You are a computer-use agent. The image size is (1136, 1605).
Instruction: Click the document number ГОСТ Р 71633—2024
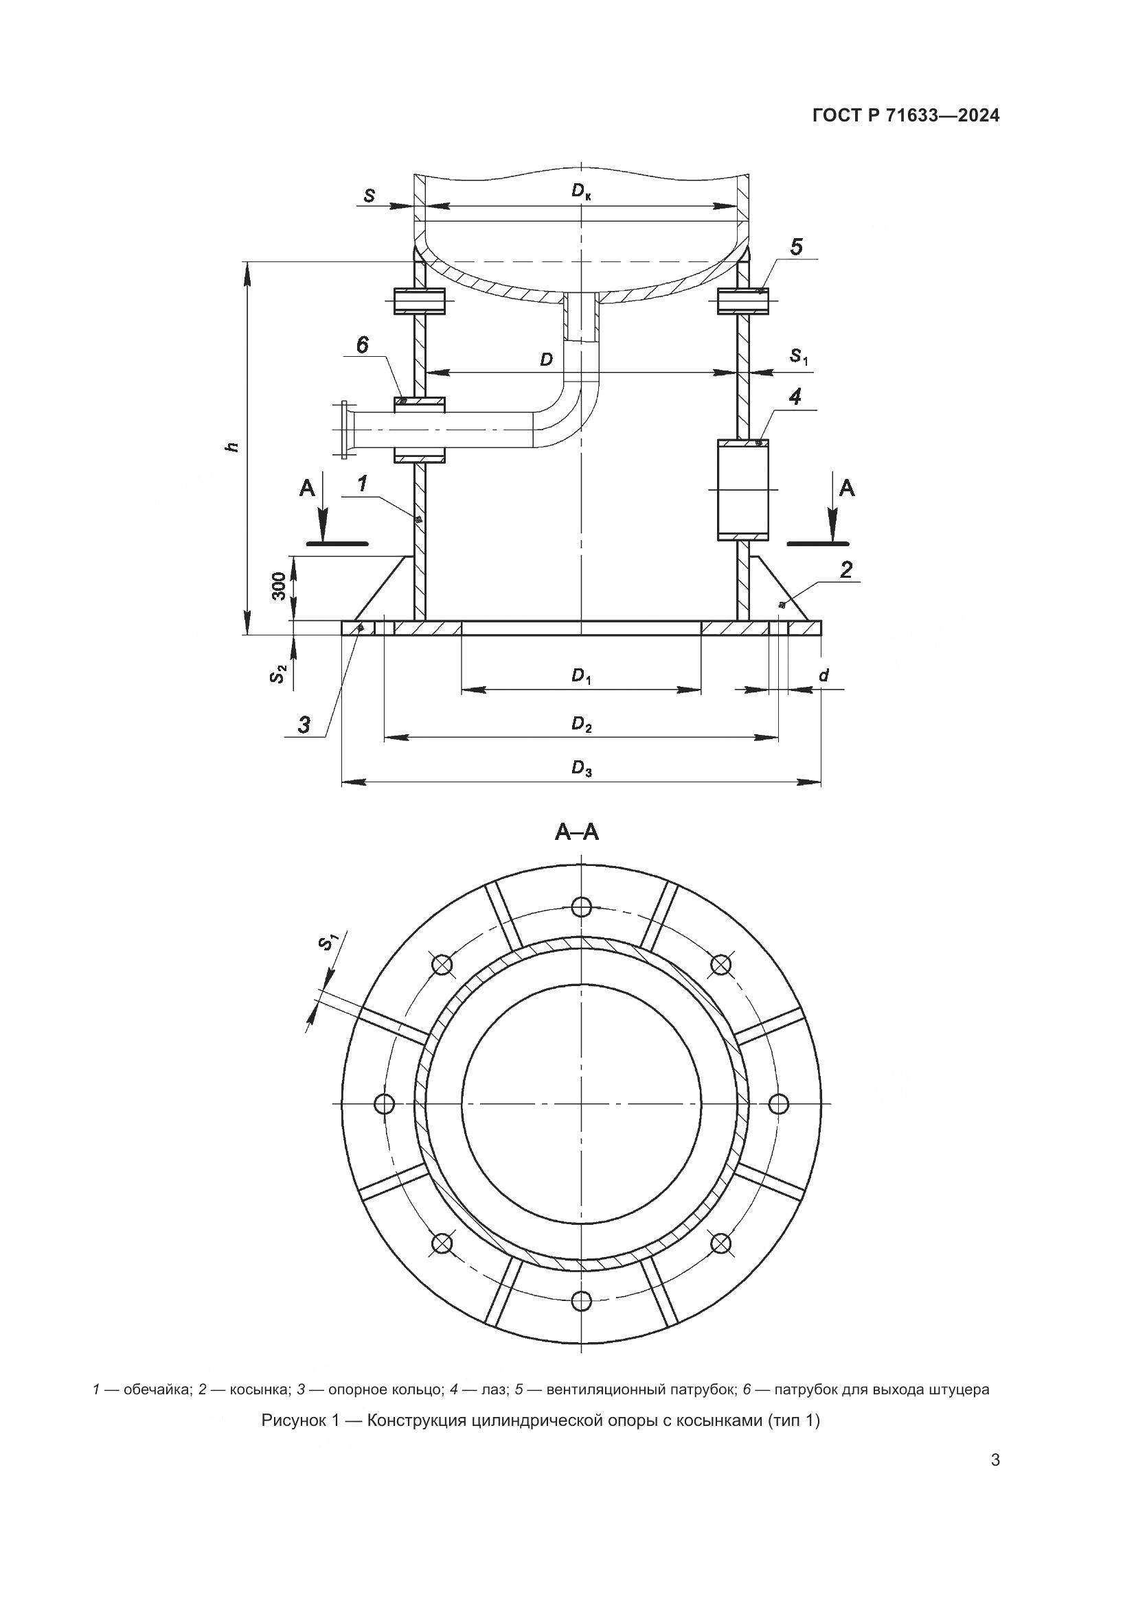coord(906,116)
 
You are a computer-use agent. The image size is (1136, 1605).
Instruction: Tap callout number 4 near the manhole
coord(795,397)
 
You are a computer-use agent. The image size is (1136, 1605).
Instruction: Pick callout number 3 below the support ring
coord(304,725)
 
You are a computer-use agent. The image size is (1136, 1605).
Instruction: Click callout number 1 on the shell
coord(363,484)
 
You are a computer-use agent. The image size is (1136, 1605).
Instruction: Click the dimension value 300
coord(278,587)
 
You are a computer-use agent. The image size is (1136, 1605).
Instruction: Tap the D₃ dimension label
coord(581,769)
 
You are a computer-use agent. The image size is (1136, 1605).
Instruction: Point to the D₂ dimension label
coord(581,724)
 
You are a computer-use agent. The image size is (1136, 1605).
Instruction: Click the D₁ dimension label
coord(581,676)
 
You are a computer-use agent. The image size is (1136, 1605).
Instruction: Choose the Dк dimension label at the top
coord(581,191)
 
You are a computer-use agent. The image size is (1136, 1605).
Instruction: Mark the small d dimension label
coord(823,675)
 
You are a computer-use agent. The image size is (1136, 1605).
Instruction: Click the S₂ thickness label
coord(278,675)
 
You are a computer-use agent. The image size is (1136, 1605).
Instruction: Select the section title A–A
coord(577,832)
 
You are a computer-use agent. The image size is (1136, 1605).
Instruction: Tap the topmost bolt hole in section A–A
coord(581,907)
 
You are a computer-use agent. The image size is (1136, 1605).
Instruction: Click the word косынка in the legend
coord(255,1409)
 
